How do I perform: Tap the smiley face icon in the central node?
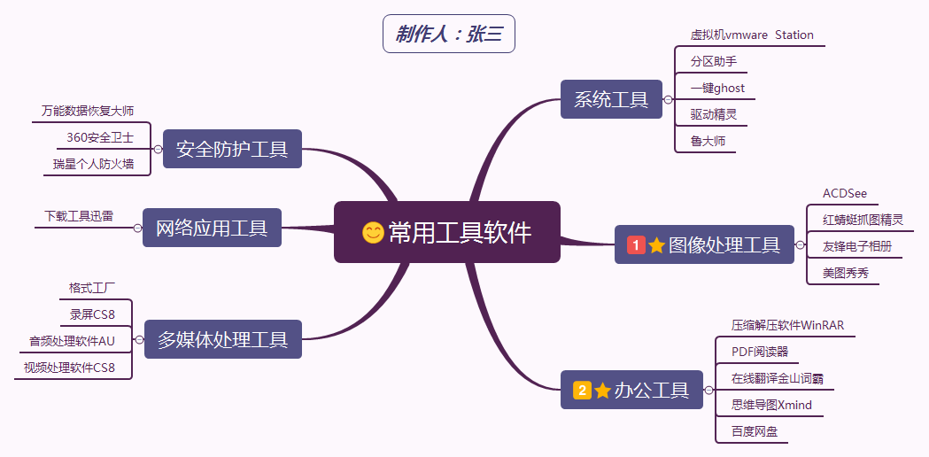[x=374, y=232]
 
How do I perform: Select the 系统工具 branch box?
[x=611, y=99]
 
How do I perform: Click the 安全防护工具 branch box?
[x=232, y=149]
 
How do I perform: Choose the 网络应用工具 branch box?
[x=212, y=228]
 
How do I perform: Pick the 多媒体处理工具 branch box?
[x=222, y=339]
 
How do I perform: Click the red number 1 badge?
[x=636, y=245]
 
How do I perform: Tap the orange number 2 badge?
[x=582, y=390]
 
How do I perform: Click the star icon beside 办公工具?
[x=603, y=390]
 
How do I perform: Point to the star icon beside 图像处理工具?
[x=656, y=245]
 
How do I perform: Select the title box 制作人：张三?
[x=449, y=35]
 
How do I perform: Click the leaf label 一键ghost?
[x=717, y=89]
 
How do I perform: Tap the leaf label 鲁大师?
[x=708, y=141]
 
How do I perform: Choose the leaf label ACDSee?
[x=844, y=194]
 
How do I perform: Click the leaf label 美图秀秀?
[x=845, y=273]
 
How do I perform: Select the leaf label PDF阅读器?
[x=759, y=352]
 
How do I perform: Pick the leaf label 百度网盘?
[x=754, y=431]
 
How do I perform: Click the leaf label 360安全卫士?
[x=100, y=137]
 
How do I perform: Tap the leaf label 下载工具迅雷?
[x=79, y=216]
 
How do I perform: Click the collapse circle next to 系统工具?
[x=668, y=100]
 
